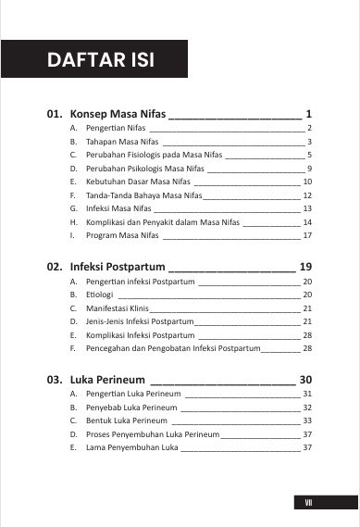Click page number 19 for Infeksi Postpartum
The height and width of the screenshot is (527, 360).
[x=306, y=267]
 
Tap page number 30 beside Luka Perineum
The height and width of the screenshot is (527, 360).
[x=306, y=380]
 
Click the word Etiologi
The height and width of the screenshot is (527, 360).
[x=99, y=294]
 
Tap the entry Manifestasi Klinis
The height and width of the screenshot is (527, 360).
[x=117, y=307]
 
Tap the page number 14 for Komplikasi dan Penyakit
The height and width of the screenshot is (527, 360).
[x=307, y=223]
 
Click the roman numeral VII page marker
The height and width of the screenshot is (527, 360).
[x=309, y=502]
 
